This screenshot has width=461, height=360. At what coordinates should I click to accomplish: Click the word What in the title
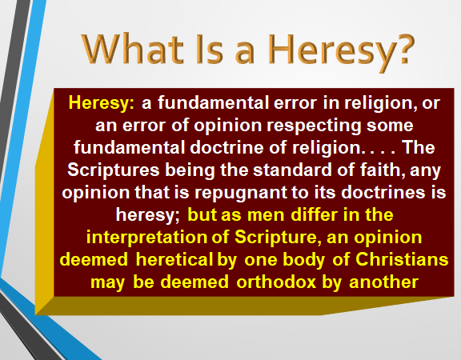click(x=133, y=49)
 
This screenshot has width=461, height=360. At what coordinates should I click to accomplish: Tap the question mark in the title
click(x=406, y=49)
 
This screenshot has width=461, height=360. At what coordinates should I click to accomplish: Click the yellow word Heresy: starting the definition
click(x=101, y=103)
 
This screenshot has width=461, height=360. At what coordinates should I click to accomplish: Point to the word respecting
click(x=314, y=126)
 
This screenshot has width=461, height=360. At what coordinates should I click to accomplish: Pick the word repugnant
click(x=241, y=193)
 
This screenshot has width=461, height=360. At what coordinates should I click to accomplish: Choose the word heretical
click(x=174, y=259)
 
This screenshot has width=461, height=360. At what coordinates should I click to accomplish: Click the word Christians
click(x=402, y=259)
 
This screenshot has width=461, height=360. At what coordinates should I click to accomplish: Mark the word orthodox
click(x=276, y=282)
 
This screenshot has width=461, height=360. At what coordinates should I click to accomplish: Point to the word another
click(x=383, y=282)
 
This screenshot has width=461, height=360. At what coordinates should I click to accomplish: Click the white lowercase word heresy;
click(x=147, y=215)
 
